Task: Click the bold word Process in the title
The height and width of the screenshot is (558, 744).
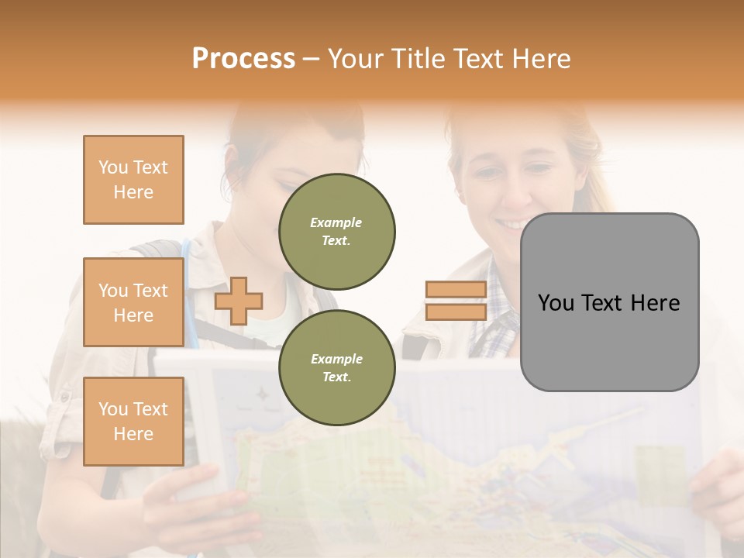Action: tap(243, 59)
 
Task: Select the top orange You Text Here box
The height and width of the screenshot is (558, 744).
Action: tap(133, 180)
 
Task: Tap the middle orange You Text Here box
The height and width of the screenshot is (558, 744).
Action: tap(133, 302)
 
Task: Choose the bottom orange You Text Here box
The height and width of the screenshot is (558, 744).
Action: tap(133, 422)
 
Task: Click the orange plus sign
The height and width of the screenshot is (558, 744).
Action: tap(239, 301)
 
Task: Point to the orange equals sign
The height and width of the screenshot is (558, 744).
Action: tap(456, 301)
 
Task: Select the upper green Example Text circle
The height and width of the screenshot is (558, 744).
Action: tap(336, 231)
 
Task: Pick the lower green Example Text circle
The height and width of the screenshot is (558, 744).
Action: tap(336, 367)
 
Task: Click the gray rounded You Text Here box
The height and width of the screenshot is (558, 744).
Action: tap(609, 302)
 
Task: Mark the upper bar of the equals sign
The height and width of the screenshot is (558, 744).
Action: tap(456, 290)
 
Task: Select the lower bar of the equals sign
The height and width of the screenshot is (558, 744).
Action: tap(456, 312)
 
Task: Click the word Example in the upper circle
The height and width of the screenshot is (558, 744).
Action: tap(336, 222)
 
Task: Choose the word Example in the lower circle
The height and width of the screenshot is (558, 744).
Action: tap(336, 359)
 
